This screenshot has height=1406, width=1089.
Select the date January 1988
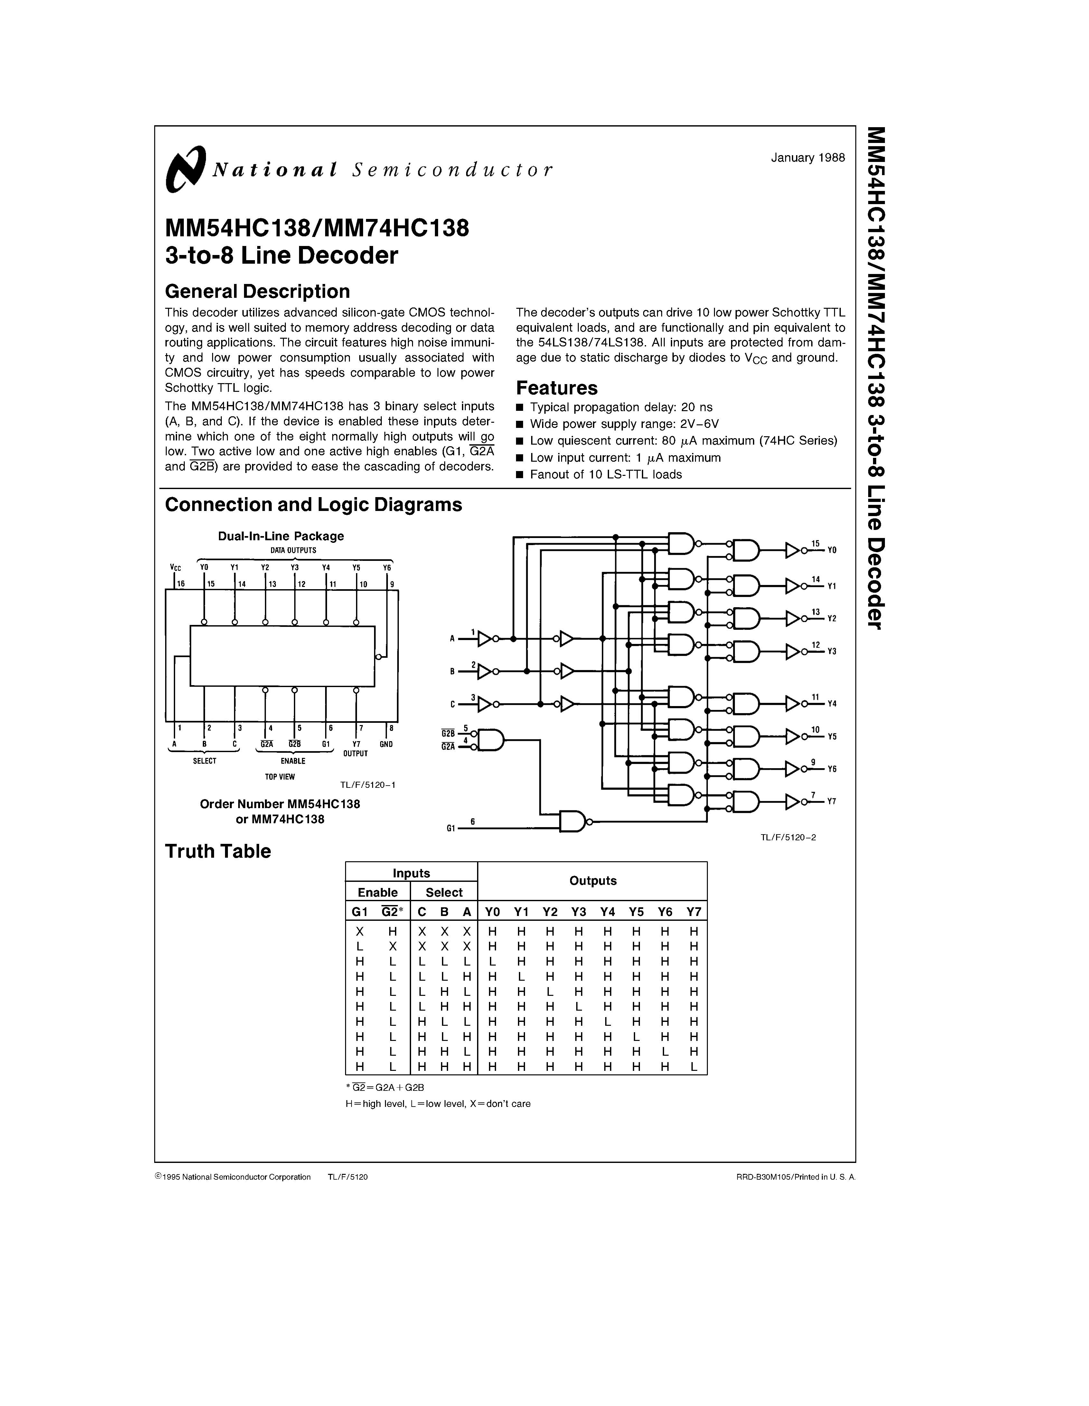(808, 158)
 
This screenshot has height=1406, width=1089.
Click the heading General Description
(258, 292)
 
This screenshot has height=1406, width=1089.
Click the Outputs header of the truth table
(593, 881)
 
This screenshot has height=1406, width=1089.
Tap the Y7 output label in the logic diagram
(831, 801)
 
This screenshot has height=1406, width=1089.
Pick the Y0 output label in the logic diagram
(831, 551)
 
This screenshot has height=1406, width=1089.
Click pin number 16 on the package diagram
(181, 584)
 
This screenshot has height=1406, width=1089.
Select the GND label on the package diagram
(386, 744)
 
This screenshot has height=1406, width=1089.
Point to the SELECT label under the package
(205, 761)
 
